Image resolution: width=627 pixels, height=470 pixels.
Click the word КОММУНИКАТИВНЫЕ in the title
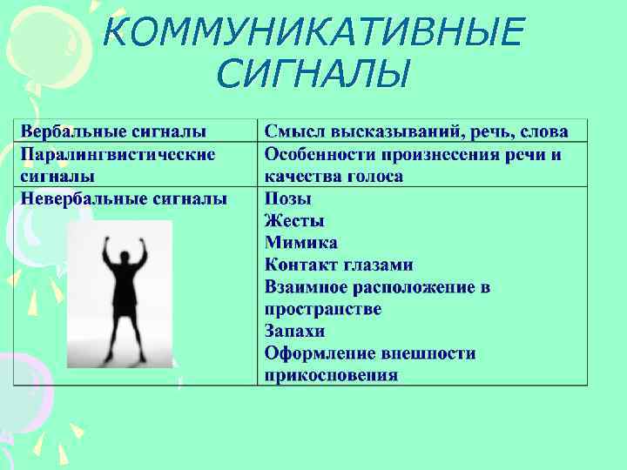pyautogui.click(x=313, y=33)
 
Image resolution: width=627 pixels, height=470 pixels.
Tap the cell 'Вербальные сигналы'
pyautogui.click(x=114, y=132)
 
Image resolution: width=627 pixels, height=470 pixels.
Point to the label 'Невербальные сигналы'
pyautogui.click(x=124, y=198)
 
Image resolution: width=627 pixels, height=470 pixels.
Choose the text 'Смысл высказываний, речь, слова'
pyautogui.click(x=416, y=132)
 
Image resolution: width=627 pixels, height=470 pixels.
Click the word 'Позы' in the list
pyautogui.click(x=287, y=198)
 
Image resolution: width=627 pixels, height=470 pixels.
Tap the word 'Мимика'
pyautogui.click(x=301, y=243)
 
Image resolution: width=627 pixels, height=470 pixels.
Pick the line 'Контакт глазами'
pyautogui.click(x=339, y=265)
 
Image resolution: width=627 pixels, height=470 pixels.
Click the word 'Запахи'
pyautogui.click(x=295, y=332)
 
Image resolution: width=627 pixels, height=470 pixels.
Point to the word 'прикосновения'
pyautogui.click(x=331, y=376)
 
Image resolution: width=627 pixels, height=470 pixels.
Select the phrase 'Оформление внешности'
pyautogui.click(x=370, y=353)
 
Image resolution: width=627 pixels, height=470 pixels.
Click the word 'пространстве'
pyautogui.click(x=323, y=309)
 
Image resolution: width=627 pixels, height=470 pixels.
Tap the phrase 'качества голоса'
pyautogui.click(x=334, y=176)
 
